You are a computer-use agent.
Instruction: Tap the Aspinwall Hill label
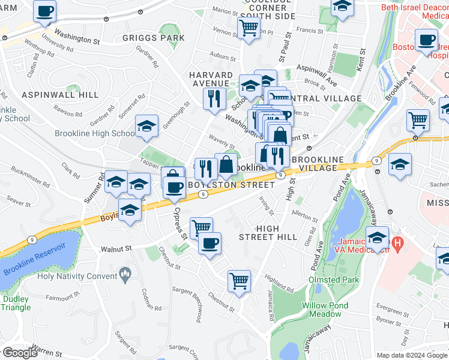52,95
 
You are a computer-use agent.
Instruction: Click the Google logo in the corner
20,352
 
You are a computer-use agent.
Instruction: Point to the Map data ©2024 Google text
412,355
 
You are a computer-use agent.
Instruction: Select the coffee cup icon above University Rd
45,11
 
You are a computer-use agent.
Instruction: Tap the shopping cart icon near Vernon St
248,26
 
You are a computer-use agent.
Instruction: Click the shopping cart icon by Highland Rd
238,280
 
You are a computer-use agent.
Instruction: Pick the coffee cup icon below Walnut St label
209,244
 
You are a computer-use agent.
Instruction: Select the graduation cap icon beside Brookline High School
146,127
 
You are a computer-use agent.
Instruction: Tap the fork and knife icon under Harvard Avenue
214,97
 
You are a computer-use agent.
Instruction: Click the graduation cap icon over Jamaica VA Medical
378,238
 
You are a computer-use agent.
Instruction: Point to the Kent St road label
361,61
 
